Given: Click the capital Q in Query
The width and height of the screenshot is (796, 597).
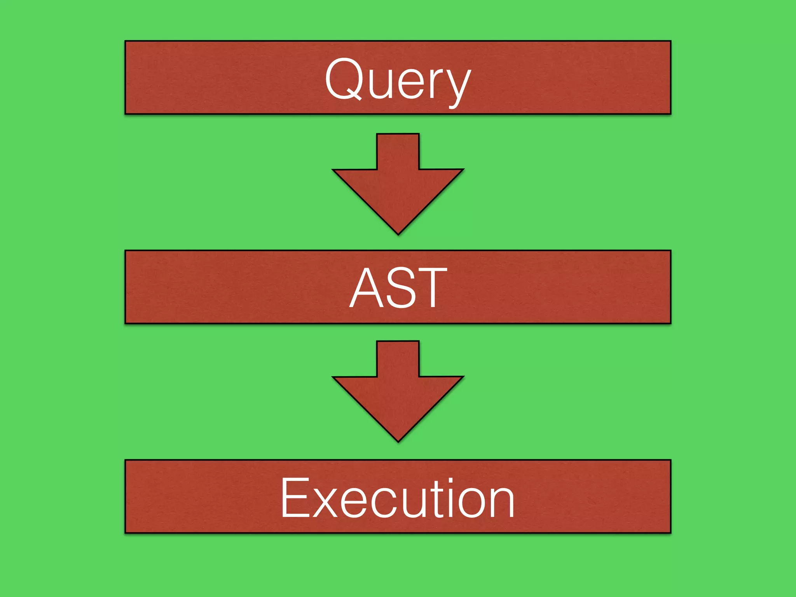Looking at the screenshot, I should coord(344,79).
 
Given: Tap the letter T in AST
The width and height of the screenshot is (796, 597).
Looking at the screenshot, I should coord(431,288).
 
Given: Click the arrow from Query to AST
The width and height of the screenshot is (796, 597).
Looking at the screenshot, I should coord(398,187).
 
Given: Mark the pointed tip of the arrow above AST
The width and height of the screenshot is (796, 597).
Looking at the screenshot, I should coord(398,232).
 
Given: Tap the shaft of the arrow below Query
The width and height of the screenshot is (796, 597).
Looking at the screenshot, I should coord(398,152).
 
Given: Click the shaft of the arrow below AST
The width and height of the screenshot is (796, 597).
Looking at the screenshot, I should coord(398,359).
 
